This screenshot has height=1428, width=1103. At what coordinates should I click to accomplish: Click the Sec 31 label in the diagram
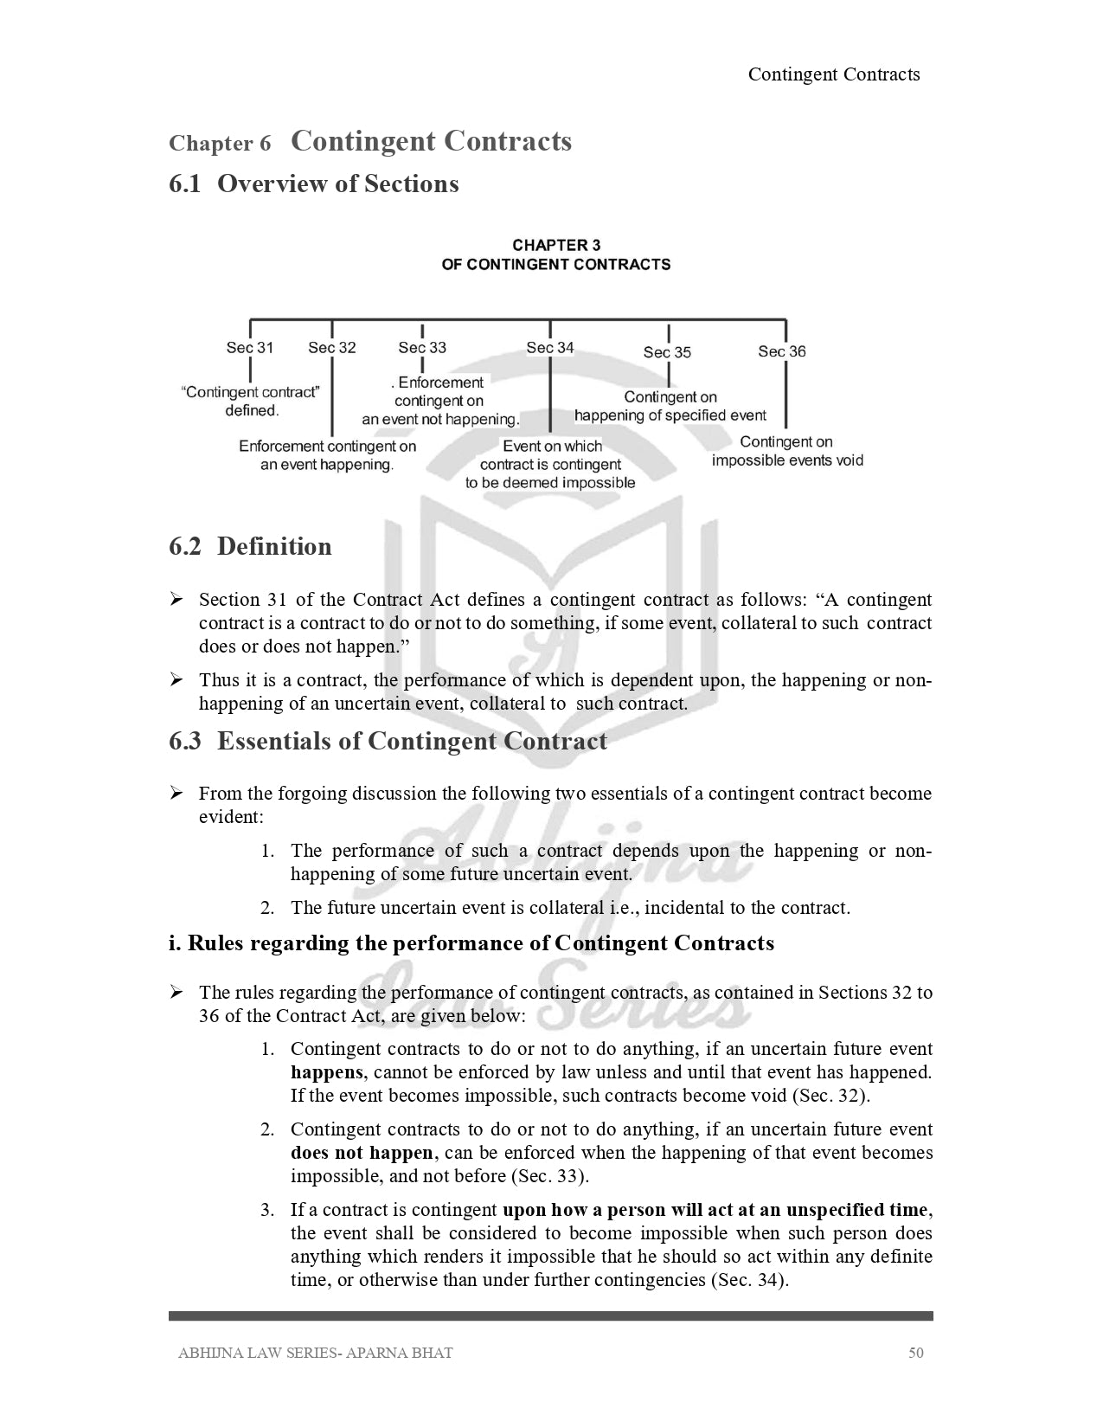pyautogui.click(x=249, y=348)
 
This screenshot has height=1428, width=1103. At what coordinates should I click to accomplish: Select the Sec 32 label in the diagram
pyautogui.click(x=332, y=348)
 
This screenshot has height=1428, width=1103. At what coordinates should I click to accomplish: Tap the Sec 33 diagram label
pyautogui.click(x=422, y=348)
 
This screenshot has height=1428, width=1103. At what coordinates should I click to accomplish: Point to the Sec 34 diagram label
pyautogui.click(x=550, y=348)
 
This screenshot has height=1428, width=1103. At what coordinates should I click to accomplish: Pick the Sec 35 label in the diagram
pyautogui.click(x=667, y=352)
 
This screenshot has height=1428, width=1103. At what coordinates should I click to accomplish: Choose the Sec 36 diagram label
pyautogui.click(x=782, y=351)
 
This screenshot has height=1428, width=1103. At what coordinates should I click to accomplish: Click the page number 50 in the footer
pyautogui.click(x=916, y=1353)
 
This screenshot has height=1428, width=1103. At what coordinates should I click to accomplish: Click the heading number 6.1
pyautogui.click(x=185, y=184)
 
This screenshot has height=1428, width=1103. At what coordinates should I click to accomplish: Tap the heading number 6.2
pyautogui.click(x=185, y=547)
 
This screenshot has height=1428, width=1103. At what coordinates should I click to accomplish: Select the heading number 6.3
pyautogui.click(x=185, y=742)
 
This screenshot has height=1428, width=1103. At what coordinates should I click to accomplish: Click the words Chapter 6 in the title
pyautogui.click(x=220, y=144)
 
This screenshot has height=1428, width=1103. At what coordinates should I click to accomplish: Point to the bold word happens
pyautogui.click(x=327, y=1072)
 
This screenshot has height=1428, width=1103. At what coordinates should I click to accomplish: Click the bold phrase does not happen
pyautogui.click(x=362, y=1153)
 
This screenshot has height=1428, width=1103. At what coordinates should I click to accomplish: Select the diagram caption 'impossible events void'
pyautogui.click(x=787, y=460)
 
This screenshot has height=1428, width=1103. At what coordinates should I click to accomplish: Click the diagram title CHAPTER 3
pyautogui.click(x=556, y=246)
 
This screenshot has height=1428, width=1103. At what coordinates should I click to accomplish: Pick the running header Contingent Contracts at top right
pyautogui.click(x=834, y=74)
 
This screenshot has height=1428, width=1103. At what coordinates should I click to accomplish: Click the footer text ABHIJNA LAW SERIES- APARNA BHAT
pyautogui.click(x=315, y=1353)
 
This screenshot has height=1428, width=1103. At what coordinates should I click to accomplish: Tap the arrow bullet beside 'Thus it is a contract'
pyautogui.click(x=176, y=680)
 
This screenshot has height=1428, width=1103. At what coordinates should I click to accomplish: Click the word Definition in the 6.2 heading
pyautogui.click(x=274, y=547)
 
